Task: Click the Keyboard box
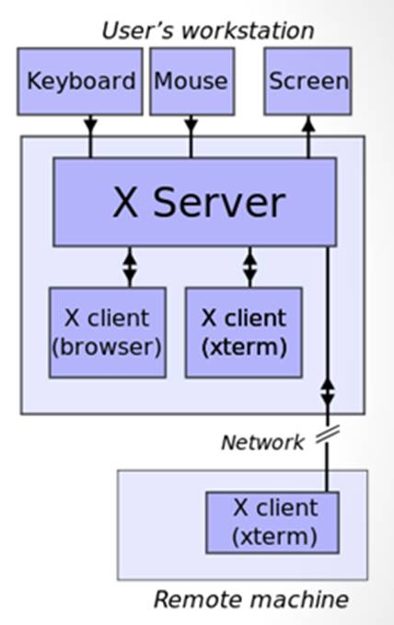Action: coord(80,82)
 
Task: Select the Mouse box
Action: coord(192,82)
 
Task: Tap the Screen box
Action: coord(307,82)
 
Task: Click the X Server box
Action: coord(195,202)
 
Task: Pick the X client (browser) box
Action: coord(108,333)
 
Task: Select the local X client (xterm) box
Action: coord(244,333)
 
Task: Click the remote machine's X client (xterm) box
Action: coord(272,523)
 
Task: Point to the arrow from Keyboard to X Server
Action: coord(90,137)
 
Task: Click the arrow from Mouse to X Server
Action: coord(191,137)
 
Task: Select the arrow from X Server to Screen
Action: coord(308,137)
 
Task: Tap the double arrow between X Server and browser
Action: coord(130,267)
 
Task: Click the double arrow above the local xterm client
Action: coord(249,267)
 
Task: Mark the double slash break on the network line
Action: coord(328,435)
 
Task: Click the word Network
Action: coord(262,442)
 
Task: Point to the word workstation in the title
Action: coord(248,31)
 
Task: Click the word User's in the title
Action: coord(138,31)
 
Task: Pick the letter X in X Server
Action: coord(125,202)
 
